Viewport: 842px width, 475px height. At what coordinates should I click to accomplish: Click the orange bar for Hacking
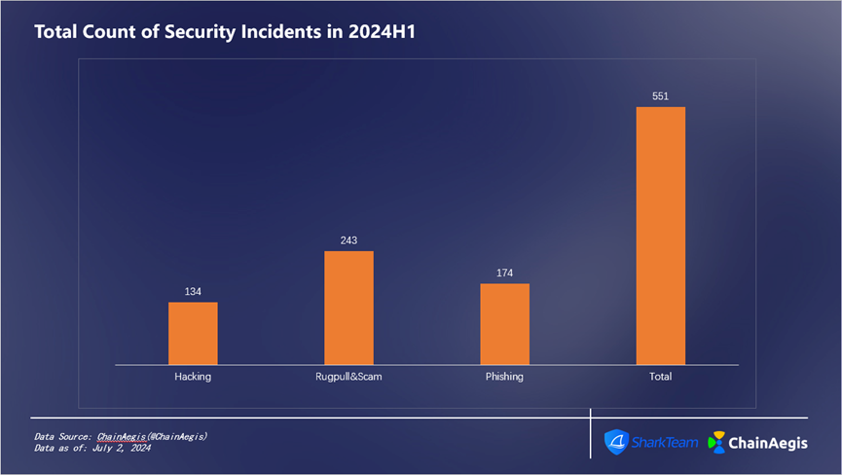[x=193, y=333]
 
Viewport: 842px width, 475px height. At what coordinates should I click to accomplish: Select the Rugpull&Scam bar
[x=348, y=308]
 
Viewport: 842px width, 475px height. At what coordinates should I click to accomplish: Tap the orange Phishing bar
[x=504, y=324]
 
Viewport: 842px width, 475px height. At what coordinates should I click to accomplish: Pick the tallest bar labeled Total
[x=661, y=235]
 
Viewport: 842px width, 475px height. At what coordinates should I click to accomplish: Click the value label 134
[x=193, y=291]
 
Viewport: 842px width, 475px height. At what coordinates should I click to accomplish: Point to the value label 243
[x=348, y=240]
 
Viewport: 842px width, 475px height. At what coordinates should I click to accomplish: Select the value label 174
[x=504, y=273]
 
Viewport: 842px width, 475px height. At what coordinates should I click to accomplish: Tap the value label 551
[x=661, y=95]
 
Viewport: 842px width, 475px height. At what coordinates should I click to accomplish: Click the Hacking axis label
[x=193, y=377]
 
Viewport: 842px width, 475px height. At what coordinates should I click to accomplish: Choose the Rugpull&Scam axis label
[x=348, y=377]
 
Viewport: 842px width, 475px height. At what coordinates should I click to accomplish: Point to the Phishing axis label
[x=504, y=377]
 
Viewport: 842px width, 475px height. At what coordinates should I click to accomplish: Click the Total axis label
[x=661, y=377]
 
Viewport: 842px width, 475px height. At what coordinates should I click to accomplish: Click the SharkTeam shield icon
[x=616, y=442]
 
